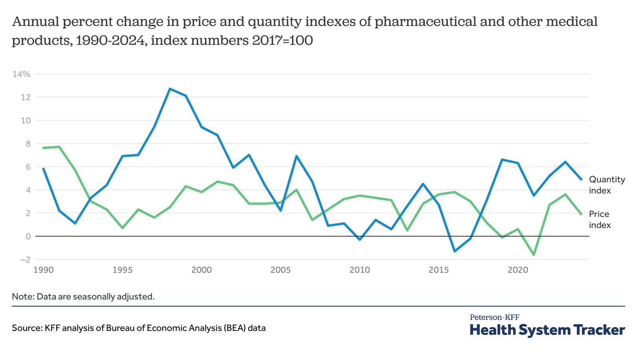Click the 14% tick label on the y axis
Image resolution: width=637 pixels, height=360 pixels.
(21, 74)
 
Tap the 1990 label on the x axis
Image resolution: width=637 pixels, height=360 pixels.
(43, 270)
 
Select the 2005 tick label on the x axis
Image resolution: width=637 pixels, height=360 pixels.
(280, 270)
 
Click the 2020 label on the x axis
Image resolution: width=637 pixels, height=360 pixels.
(518, 270)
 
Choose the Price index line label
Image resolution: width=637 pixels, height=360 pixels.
(600, 219)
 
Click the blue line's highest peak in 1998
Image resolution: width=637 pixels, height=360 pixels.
(170, 89)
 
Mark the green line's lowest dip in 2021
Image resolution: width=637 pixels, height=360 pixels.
(534, 255)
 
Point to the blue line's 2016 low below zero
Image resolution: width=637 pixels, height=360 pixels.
(455, 251)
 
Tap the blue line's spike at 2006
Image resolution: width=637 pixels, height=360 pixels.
(296, 156)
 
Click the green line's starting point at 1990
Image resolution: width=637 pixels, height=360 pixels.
(43, 148)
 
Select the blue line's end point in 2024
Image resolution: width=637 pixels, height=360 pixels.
(581, 179)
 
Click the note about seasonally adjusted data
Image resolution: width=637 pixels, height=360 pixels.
(83, 296)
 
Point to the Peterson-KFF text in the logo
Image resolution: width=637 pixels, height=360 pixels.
(494, 317)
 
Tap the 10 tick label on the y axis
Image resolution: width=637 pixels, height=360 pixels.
(26, 120)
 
